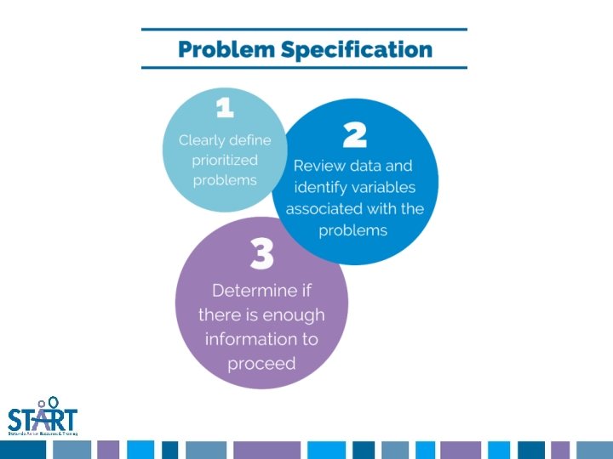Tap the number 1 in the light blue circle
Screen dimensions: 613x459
tap(225, 108)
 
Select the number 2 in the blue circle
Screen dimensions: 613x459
tap(354, 134)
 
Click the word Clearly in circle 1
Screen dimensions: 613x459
tap(203, 140)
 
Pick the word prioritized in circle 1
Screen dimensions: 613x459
tap(225, 160)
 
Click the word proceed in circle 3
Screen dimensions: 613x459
tap(261, 364)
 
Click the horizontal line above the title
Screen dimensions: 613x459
tap(304, 30)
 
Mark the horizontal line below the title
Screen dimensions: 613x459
tap(304, 68)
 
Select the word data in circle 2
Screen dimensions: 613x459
tap(371, 165)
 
